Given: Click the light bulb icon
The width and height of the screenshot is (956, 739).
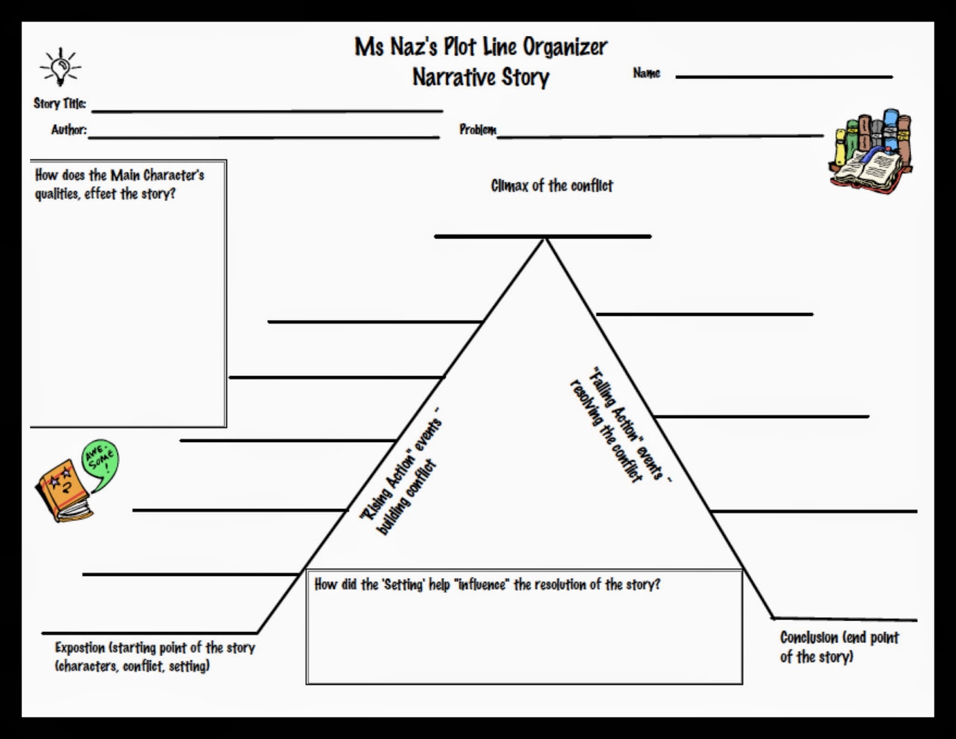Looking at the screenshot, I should (60, 67).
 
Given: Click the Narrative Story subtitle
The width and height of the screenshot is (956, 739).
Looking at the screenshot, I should (481, 77).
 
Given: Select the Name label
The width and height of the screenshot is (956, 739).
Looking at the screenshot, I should (646, 73).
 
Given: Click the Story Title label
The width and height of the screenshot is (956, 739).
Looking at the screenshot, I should (60, 103).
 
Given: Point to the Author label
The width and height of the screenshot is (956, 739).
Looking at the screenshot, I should (69, 130).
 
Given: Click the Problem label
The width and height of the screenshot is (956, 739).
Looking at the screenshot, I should (477, 129).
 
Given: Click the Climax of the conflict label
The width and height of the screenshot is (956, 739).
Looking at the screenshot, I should (551, 186).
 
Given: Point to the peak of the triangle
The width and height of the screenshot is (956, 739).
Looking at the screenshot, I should (545, 240).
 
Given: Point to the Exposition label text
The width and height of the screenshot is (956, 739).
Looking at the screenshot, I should (154, 656).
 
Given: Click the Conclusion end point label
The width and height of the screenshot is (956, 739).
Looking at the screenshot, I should (839, 647).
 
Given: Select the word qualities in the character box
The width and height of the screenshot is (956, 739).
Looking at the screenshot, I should (57, 194).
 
